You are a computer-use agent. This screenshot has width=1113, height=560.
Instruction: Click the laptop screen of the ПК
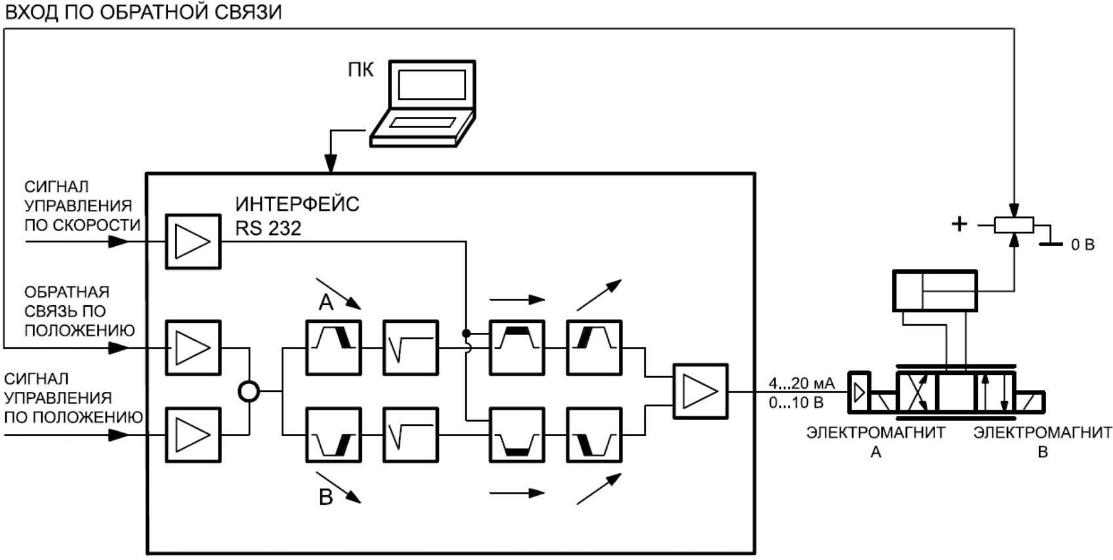pyautogui.click(x=432, y=84)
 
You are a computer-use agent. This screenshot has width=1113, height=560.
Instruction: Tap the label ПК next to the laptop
pyautogui.click(x=360, y=70)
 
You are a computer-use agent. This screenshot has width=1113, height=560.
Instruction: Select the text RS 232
pyautogui.click(x=268, y=228)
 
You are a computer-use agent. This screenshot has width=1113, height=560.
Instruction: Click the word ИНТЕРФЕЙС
pyautogui.click(x=297, y=204)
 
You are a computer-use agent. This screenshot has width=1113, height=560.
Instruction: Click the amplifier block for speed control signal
pyautogui.click(x=193, y=241)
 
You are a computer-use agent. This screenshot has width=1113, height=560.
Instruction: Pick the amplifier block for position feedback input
pyautogui.click(x=193, y=348)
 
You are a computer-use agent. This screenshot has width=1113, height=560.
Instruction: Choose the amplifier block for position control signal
pyautogui.click(x=193, y=435)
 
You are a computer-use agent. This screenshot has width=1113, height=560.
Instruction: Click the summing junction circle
pyautogui.click(x=249, y=392)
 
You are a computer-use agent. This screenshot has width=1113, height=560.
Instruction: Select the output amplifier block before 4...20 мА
pyautogui.click(x=700, y=391)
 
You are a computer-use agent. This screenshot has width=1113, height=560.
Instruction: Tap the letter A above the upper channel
pyautogui.click(x=326, y=302)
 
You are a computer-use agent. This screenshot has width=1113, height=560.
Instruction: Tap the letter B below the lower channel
pyautogui.click(x=326, y=498)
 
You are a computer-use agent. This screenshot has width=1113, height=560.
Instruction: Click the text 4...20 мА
pyautogui.click(x=801, y=383)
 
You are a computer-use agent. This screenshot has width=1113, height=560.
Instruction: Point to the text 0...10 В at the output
pyautogui.click(x=796, y=402)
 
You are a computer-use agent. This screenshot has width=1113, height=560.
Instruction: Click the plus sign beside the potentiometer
pyautogui.click(x=959, y=225)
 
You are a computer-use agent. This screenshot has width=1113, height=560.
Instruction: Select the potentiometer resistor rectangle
pyautogui.click(x=1014, y=225)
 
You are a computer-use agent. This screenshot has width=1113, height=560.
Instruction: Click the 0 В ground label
pyautogui.click(x=1082, y=245)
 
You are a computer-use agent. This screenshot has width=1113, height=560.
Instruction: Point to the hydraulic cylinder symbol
pyautogui.click(x=934, y=291)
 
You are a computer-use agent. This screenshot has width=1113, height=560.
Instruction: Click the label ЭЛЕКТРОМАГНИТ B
pyautogui.click(x=1042, y=442)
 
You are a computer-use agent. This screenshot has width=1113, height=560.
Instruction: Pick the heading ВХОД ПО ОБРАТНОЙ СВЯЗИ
pyautogui.click(x=143, y=12)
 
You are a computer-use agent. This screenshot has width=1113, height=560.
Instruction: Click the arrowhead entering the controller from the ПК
pyautogui.click(x=331, y=163)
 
